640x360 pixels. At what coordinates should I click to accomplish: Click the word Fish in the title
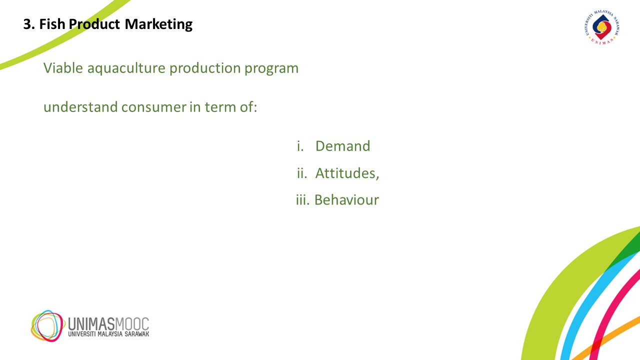pyautogui.click(x=52, y=24)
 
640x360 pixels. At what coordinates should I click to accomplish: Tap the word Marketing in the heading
pyautogui.click(x=158, y=24)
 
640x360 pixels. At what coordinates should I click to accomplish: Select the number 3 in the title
pyautogui.click(x=27, y=24)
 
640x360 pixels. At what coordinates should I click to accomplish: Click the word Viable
pyautogui.click(x=63, y=68)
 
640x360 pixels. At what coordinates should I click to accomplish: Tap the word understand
pyautogui.click(x=80, y=107)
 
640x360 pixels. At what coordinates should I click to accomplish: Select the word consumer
pyautogui.click(x=153, y=108)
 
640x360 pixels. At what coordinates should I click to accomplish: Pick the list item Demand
pyautogui.click(x=342, y=146)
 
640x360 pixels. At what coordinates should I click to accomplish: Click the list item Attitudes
pyautogui.click(x=347, y=173)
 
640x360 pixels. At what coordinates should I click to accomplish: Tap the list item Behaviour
pyautogui.click(x=346, y=199)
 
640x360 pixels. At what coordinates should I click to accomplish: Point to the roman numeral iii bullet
pyautogui.click(x=302, y=199)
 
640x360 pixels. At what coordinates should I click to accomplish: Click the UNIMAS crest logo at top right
pyautogui.click(x=602, y=27)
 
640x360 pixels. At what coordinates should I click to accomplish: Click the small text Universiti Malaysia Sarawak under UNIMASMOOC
pyautogui.click(x=108, y=334)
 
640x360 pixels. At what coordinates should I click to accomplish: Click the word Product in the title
pyautogui.click(x=94, y=24)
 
